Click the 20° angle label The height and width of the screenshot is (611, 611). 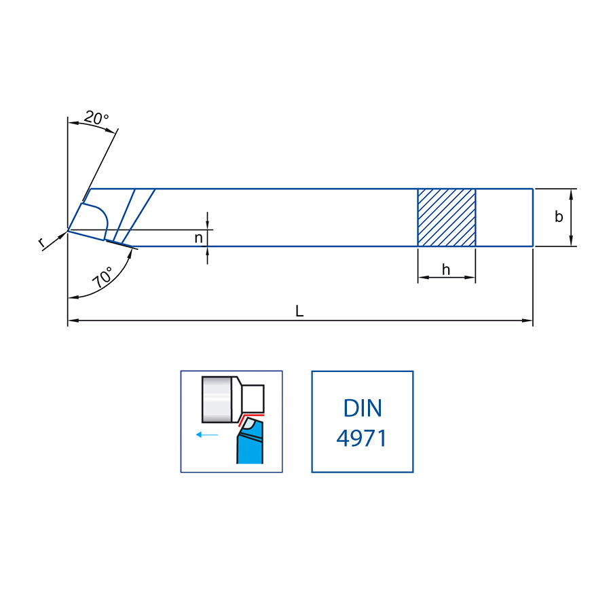point(96,117)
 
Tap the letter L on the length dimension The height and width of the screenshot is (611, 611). point(299,311)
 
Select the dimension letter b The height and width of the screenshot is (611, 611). point(559,217)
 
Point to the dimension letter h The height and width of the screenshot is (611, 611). point(446,270)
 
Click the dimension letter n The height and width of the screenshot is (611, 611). point(199,238)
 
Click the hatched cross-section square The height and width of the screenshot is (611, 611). point(447,217)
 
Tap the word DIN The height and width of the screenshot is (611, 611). point(363,408)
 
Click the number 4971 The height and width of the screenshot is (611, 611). point(362,438)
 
